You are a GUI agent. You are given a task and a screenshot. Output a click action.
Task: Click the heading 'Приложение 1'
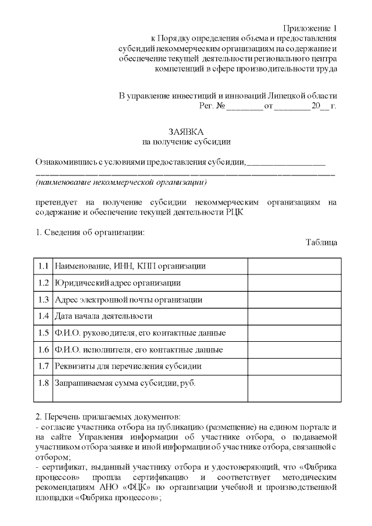pyautogui.click(x=310, y=28)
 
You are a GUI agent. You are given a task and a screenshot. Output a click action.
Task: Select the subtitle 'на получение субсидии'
pyautogui.click(x=186, y=141)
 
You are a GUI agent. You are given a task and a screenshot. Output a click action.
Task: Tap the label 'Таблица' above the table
pyautogui.click(x=321, y=242)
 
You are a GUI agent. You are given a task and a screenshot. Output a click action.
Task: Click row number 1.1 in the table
pyautogui.click(x=43, y=266)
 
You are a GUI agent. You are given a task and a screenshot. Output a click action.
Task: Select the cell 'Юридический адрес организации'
pyautogui.click(x=117, y=283)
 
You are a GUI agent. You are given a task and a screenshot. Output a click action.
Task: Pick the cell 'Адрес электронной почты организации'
pyautogui.click(x=128, y=300)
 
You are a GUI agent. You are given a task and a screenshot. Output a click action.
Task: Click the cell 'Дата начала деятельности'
pyautogui.click(x=103, y=316)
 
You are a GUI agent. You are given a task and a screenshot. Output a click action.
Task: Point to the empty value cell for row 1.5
pyautogui.click(x=294, y=333)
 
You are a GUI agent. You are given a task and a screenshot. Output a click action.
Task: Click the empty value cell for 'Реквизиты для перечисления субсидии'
pyautogui.click(x=294, y=366)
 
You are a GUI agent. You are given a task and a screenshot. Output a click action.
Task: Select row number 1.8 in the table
pyautogui.click(x=43, y=384)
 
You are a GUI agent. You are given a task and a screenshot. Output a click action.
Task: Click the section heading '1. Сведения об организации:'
pyautogui.click(x=90, y=232)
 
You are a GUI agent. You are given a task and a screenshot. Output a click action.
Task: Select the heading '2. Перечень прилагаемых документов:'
pyautogui.click(x=108, y=416)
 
